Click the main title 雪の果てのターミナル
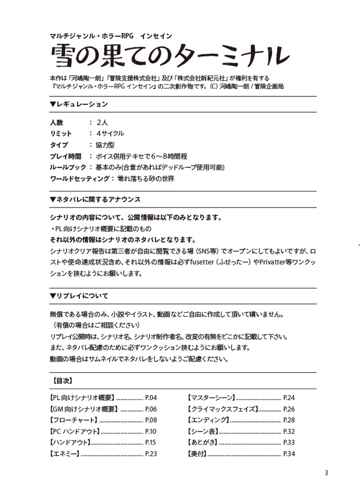coord(170,56)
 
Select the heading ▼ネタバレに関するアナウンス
coord(95,199)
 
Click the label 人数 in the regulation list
coord(56,123)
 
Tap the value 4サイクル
coord(106,134)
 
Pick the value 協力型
coord(101,145)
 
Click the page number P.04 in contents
coord(151,397)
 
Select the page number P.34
coord(289,454)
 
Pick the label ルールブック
coord(67,167)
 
